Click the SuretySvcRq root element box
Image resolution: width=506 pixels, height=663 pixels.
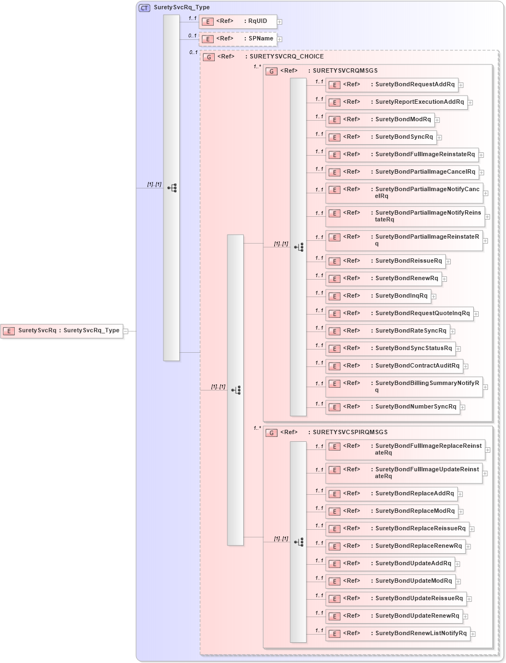tap(62, 330)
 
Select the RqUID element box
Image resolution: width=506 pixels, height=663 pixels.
tap(238, 21)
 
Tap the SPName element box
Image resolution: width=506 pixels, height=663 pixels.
tap(238, 39)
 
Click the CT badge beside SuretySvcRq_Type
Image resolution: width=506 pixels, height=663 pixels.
tap(144, 8)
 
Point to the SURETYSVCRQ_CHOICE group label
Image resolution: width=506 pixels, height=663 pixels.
tap(286, 56)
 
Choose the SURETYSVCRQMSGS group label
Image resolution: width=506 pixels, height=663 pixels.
tap(345, 71)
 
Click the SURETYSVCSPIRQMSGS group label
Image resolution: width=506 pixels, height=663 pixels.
tap(350, 433)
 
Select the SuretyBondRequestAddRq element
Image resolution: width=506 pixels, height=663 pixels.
tap(392, 85)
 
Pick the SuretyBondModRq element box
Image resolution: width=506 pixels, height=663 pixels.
tap(380, 120)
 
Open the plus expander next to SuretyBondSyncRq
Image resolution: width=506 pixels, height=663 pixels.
tap(439, 138)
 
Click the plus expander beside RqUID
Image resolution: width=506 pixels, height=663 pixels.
tap(280, 22)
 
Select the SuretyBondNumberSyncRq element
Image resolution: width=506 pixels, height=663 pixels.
tap(393, 407)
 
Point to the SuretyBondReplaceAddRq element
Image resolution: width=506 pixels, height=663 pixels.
tap(391, 494)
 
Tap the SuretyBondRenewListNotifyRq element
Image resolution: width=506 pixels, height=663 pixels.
tap(398, 634)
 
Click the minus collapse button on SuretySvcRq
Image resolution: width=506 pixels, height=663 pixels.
tap(126, 330)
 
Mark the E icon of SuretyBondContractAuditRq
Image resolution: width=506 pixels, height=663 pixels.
tap(335, 366)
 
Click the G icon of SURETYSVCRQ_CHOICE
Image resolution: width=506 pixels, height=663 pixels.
tap(208, 57)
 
